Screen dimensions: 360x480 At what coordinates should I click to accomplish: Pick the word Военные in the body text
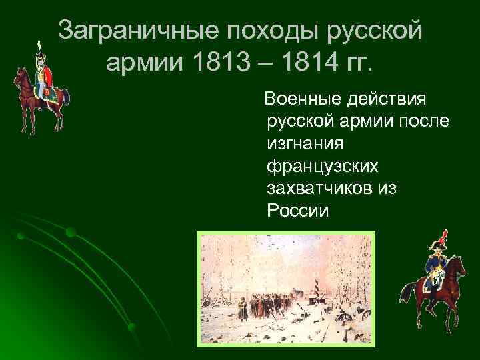coord(303,100)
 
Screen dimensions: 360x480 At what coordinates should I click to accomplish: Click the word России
coord(298,211)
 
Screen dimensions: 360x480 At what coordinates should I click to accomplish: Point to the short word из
coord(387,189)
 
